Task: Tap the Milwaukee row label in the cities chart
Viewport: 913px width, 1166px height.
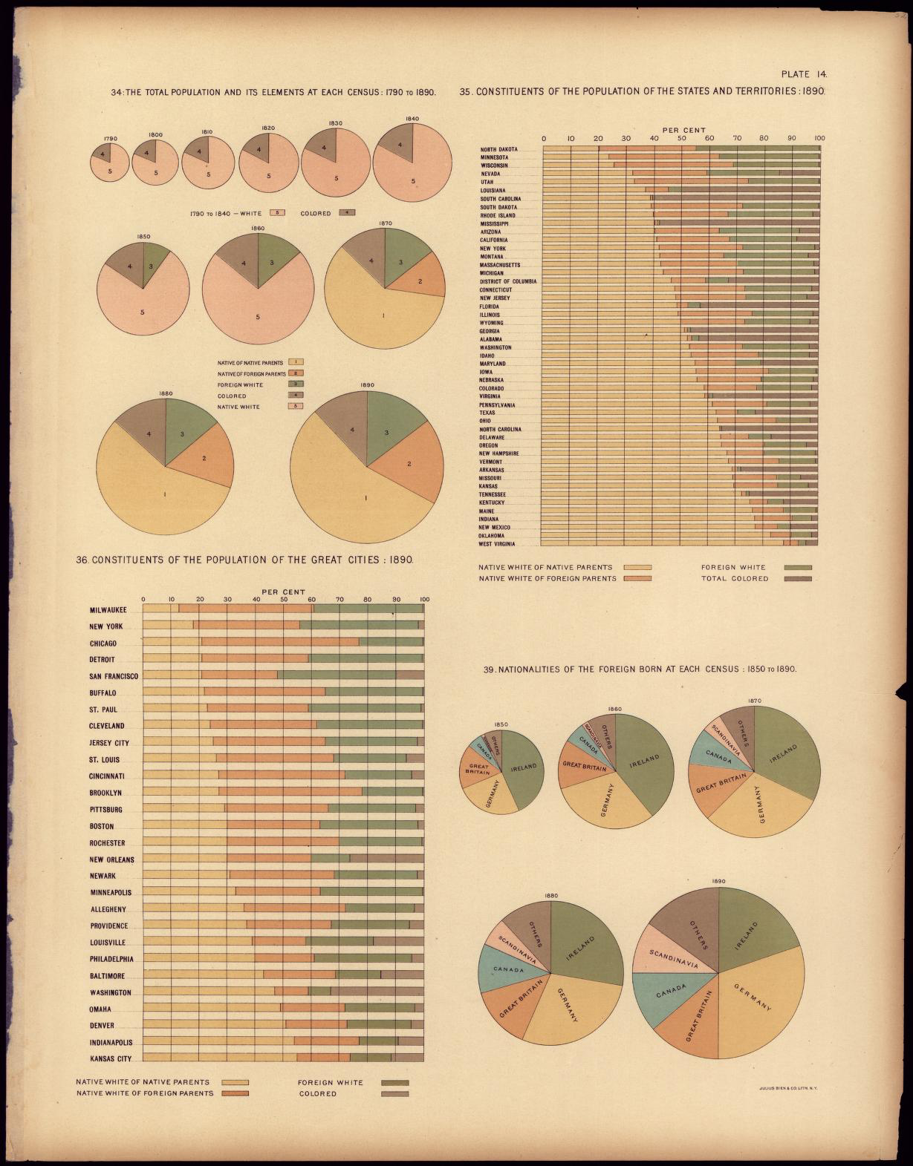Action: click(x=108, y=610)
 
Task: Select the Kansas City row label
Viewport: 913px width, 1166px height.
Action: click(x=110, y=1058)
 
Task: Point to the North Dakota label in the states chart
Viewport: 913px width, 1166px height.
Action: click(x=499, y=150)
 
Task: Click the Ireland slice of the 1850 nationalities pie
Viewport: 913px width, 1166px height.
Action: click(x=522, y=767)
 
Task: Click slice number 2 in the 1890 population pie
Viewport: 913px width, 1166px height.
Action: click(x=409, y=465)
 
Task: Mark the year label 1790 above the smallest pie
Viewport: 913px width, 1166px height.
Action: click(x=111, y=138)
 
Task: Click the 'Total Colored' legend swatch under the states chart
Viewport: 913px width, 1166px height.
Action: click(x=798, y=578)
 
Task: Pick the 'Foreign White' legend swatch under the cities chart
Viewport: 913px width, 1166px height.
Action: click(x=394, y=1083)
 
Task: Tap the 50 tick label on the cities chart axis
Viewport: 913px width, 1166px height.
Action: click(x=284, y=600)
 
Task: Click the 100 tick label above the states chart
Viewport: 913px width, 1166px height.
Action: click(x=819, y=138)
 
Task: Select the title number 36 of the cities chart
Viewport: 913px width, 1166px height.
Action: click(x=82, y=560)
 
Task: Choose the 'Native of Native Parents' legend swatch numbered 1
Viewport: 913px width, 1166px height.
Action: click(x=295, y=362)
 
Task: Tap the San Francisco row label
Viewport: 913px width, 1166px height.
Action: click(x=114, y=676)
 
